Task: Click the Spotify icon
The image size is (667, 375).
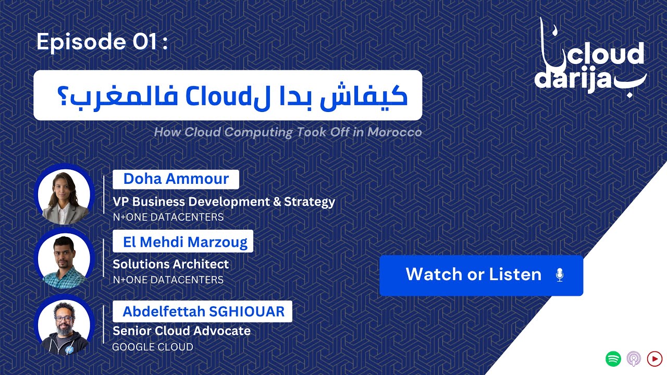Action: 613,359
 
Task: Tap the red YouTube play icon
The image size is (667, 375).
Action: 654,359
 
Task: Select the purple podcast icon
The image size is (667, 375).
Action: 634,359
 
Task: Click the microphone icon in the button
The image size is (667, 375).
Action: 560,274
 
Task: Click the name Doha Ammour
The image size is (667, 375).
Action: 176,179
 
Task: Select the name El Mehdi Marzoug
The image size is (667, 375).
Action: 185,242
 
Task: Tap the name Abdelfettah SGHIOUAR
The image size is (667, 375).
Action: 204,311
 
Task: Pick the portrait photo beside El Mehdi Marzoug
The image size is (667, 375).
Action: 64,259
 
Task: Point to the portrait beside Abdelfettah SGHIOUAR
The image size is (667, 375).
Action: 64,326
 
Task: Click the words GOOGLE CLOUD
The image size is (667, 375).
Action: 153,347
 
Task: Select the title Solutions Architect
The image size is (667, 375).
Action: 171,264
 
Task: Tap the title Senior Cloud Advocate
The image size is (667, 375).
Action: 182,331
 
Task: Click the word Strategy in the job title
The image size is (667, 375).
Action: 310,202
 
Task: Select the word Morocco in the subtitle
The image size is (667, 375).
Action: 394,132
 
